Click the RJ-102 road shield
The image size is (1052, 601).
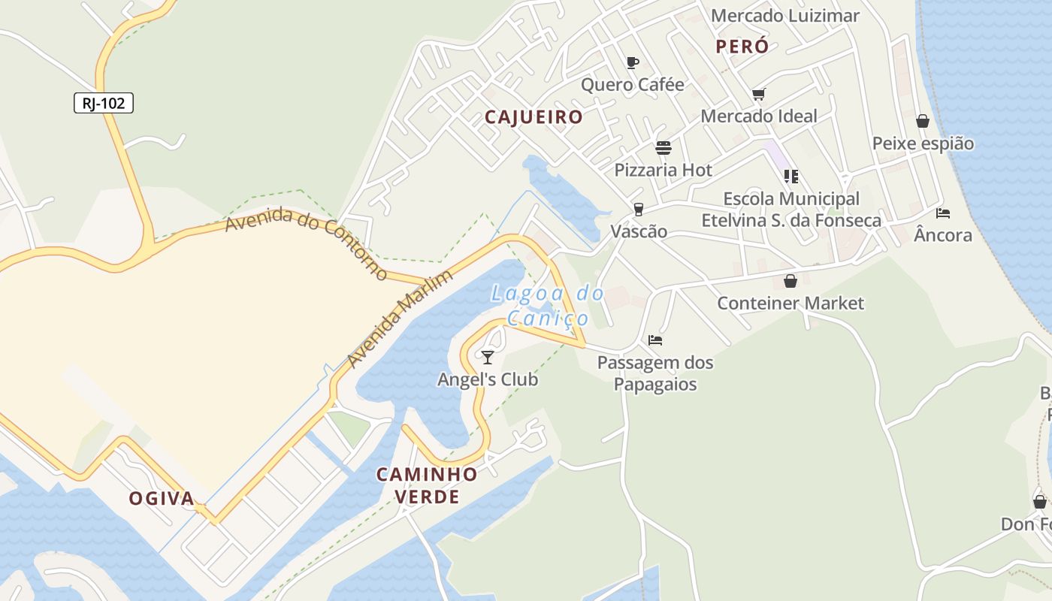click(104, 103)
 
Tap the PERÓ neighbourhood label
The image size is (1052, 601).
click(742, 47)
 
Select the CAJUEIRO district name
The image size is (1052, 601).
click(534, 117)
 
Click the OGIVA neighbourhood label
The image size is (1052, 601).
click(162, 498)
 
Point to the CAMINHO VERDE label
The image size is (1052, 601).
click(427, 485)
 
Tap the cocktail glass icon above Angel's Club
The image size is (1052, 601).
click(488, 357)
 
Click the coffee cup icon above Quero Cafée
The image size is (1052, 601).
click(632, 62)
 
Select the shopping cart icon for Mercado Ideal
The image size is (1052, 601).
click(758, 94)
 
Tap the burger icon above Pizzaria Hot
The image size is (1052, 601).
click(663, 147)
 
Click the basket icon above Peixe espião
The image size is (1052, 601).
click(923, 121)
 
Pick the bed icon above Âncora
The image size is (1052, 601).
click(943, 213)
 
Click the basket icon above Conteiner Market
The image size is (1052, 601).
click(790, 281)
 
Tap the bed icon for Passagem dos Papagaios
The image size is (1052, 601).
click(655, 340)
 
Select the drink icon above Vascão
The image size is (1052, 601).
click(639, 209)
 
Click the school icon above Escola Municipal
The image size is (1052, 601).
click(791, 177)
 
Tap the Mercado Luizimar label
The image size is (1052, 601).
click(784, 16)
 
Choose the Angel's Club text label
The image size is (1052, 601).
click(488, 379)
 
